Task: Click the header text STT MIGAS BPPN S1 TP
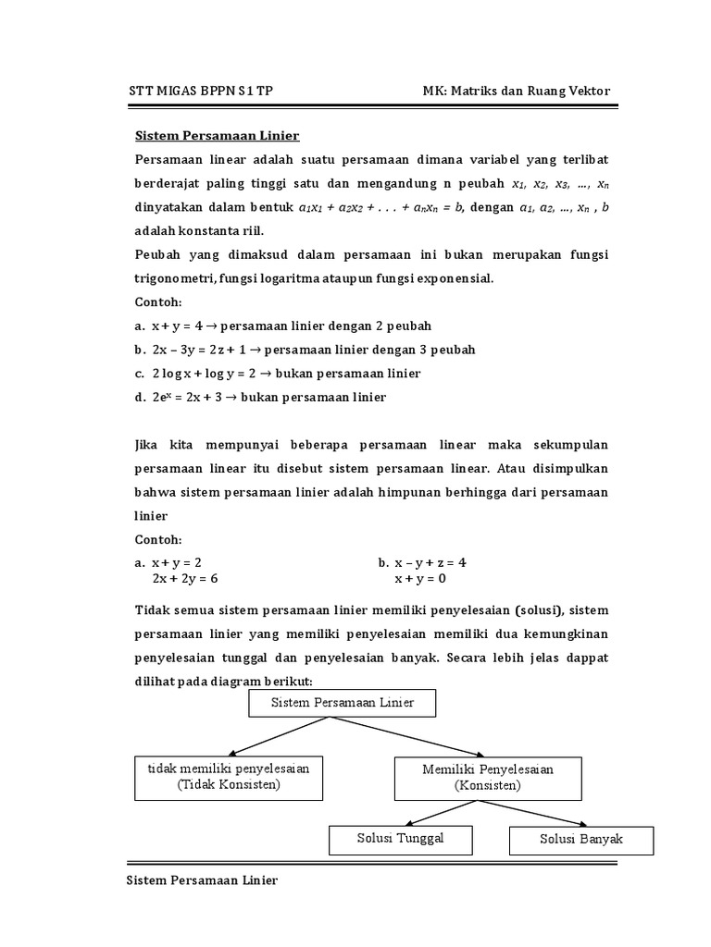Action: tap(199, 91)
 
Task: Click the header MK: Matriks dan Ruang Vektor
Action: tap(517, 91)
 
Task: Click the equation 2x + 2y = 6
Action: tap(185, 579)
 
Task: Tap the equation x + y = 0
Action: tap(420, 579)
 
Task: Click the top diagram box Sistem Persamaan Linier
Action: tap(342, 703)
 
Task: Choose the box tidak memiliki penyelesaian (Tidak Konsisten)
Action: tap(229, 777)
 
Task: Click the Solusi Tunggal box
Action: tap(388, 838)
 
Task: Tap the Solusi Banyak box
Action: tap(581, 840)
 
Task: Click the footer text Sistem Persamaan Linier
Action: tap(202, 880)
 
